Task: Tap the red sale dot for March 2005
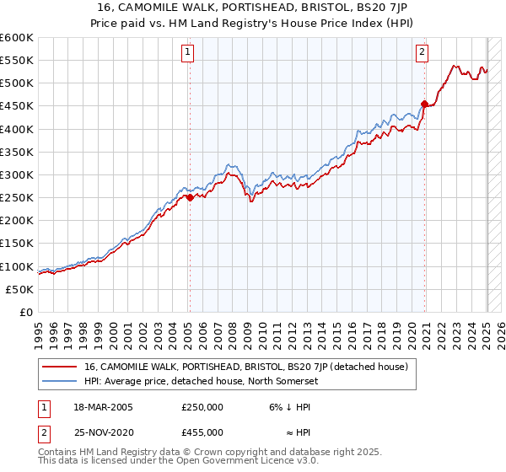190,197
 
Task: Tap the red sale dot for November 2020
424,104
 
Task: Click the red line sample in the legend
60,367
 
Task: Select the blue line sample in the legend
60,381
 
